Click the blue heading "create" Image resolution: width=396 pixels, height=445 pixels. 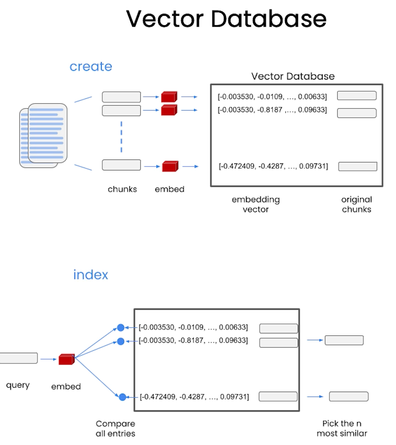pyautogui.click(x=91, y=67)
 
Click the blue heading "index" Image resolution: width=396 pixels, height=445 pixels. pyautogui.click(x=91, y=275)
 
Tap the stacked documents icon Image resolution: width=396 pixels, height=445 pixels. pyautogui.click(x=43, y=135)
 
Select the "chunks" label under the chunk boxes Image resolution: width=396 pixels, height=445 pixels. pyautogui.click(x=122, y=189)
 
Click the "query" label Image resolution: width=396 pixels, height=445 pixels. pyautogui.click(x=18, y=385)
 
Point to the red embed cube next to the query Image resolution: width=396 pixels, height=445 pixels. pyautogui.click(x=67, y=359)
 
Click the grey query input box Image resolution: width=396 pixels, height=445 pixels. pyautogui.click(x=18, y=358)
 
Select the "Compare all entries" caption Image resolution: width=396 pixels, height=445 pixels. pyautogui.click(x=116, y=429)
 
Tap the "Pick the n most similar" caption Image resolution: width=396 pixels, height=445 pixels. pyautogui.click(x=342, y=428)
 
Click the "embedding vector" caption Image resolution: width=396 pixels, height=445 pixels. pyautogui.click(x=256, y=204)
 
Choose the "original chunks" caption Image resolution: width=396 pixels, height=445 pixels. pyautogui.click(x=356, y=204)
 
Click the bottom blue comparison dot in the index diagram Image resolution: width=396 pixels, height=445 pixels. pyautogui.click(x=122, y=397)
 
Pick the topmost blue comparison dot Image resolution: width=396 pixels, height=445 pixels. pyautogui.click(x=120, y=327)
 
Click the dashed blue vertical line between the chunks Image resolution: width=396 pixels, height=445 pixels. pyautogui.click(x=121, y=137)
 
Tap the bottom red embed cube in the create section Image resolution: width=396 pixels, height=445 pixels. pyautogui.click(x=170, y=166)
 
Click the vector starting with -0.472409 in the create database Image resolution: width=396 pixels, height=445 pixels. pyautogui.click(x=273, y=166)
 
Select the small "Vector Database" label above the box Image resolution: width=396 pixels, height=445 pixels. pyautogui.click(x=293, y=76)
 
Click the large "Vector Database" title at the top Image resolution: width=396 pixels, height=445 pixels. pyautogui.click(x=226, y=19)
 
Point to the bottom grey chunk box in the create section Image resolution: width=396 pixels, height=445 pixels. pyautogui.click(x=121, y=165)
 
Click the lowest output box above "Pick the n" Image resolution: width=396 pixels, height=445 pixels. pyautogui.click(x=349, y=397)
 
